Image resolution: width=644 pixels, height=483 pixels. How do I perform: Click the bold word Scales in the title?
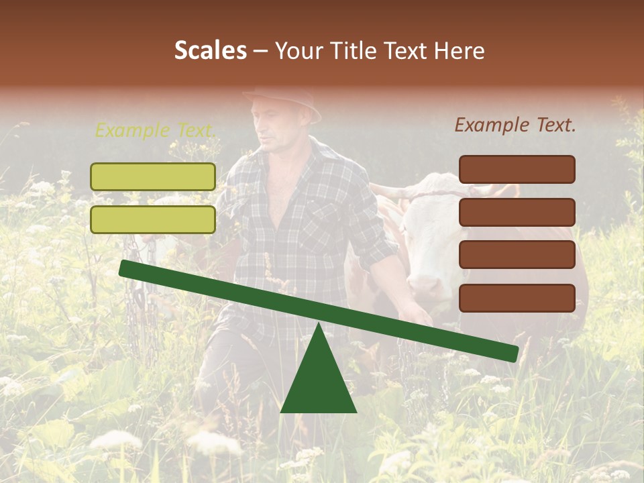tap(210, 50)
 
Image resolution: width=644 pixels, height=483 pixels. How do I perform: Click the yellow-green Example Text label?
tap(155, 130)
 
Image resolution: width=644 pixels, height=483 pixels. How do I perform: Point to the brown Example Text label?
tap(515, 125)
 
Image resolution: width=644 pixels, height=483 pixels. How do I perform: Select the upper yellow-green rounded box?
tap(153, 176)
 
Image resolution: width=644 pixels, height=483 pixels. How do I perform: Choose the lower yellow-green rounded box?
tap(153, 219)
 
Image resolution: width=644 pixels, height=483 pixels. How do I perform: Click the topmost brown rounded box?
tap(517, 169)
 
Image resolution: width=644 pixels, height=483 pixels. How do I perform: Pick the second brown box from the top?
tap(517, 212)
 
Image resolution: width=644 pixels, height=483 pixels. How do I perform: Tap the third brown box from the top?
tap(517, 254)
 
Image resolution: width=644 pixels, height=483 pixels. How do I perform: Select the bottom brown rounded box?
tap(517, 298)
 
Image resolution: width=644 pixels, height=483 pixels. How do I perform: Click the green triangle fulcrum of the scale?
tap(318, 379)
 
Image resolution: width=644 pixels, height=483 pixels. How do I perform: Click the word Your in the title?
tap(298, 50)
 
